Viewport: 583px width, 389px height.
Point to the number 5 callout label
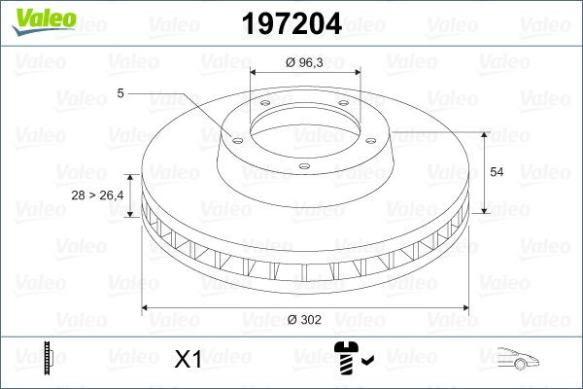[120, 93]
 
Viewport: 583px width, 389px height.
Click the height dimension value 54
[496, 171]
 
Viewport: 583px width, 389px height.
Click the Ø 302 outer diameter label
[305, 319]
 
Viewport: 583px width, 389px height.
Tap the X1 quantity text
[186, 360]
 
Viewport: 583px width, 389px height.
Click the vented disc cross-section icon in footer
[49, 359]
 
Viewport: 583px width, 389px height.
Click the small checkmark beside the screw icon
[367, 362]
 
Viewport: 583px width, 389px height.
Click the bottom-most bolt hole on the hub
[303, 167]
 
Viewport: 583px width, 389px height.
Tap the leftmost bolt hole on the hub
[234, 137]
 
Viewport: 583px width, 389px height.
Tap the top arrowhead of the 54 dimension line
[484, 132]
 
